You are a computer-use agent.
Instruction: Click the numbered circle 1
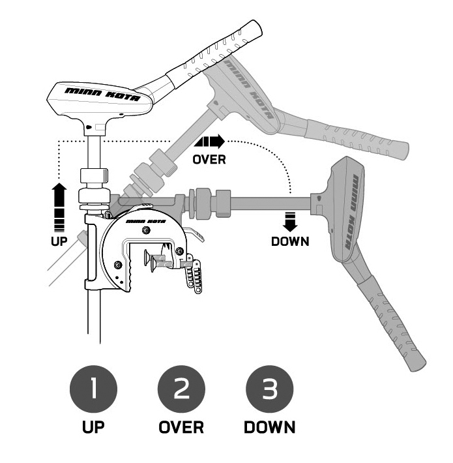(95, 391)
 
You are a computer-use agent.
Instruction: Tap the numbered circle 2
(181, 391)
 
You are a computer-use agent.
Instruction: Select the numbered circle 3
(269, 391)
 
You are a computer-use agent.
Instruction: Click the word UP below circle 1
(95, 428)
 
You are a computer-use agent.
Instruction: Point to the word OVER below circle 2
(181, 428)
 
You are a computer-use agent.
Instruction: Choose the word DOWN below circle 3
(269, 428)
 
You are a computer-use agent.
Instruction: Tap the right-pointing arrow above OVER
(209, 141)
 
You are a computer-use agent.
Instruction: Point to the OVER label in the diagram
(209, 160)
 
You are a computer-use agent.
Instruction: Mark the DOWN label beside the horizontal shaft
(290, 241)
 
